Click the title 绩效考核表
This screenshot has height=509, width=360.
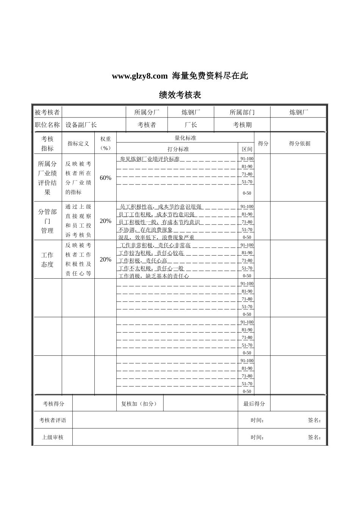click(x=180, y=95)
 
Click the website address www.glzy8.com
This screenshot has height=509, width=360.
click(x=139, y=76)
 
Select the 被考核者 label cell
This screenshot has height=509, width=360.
click(x=47, y=112)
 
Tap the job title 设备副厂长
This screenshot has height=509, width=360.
click(x=81, y=125)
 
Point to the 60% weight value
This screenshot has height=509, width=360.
click(x=105, y=178)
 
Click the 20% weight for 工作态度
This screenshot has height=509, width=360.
click(x=105, y=259)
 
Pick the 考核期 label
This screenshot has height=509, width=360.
click(x=242, y=125)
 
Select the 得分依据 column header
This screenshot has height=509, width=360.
click(x=299, y=144)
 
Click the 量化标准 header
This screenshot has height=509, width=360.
click(x=185, y=138)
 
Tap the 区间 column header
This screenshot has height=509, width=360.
click(x=247, y=149)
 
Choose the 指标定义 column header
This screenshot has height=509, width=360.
click(x=78, y=144)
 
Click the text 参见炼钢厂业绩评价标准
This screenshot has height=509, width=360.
click(x=150, y=159)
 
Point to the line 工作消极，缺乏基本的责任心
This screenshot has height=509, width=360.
click(x=154, y=276)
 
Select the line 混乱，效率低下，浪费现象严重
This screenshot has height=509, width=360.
click(x=157, y=237)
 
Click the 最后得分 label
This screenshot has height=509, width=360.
click(x=254, y=404)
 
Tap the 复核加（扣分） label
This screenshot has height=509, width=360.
click(x=139, y=404)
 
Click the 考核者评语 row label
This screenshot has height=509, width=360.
click(x=53, y=420)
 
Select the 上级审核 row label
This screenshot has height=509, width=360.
click(x=53, y=437)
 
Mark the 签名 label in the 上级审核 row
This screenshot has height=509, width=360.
click(x=315, y=437)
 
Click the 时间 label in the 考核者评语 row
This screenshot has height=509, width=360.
click(x=257, y=420)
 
